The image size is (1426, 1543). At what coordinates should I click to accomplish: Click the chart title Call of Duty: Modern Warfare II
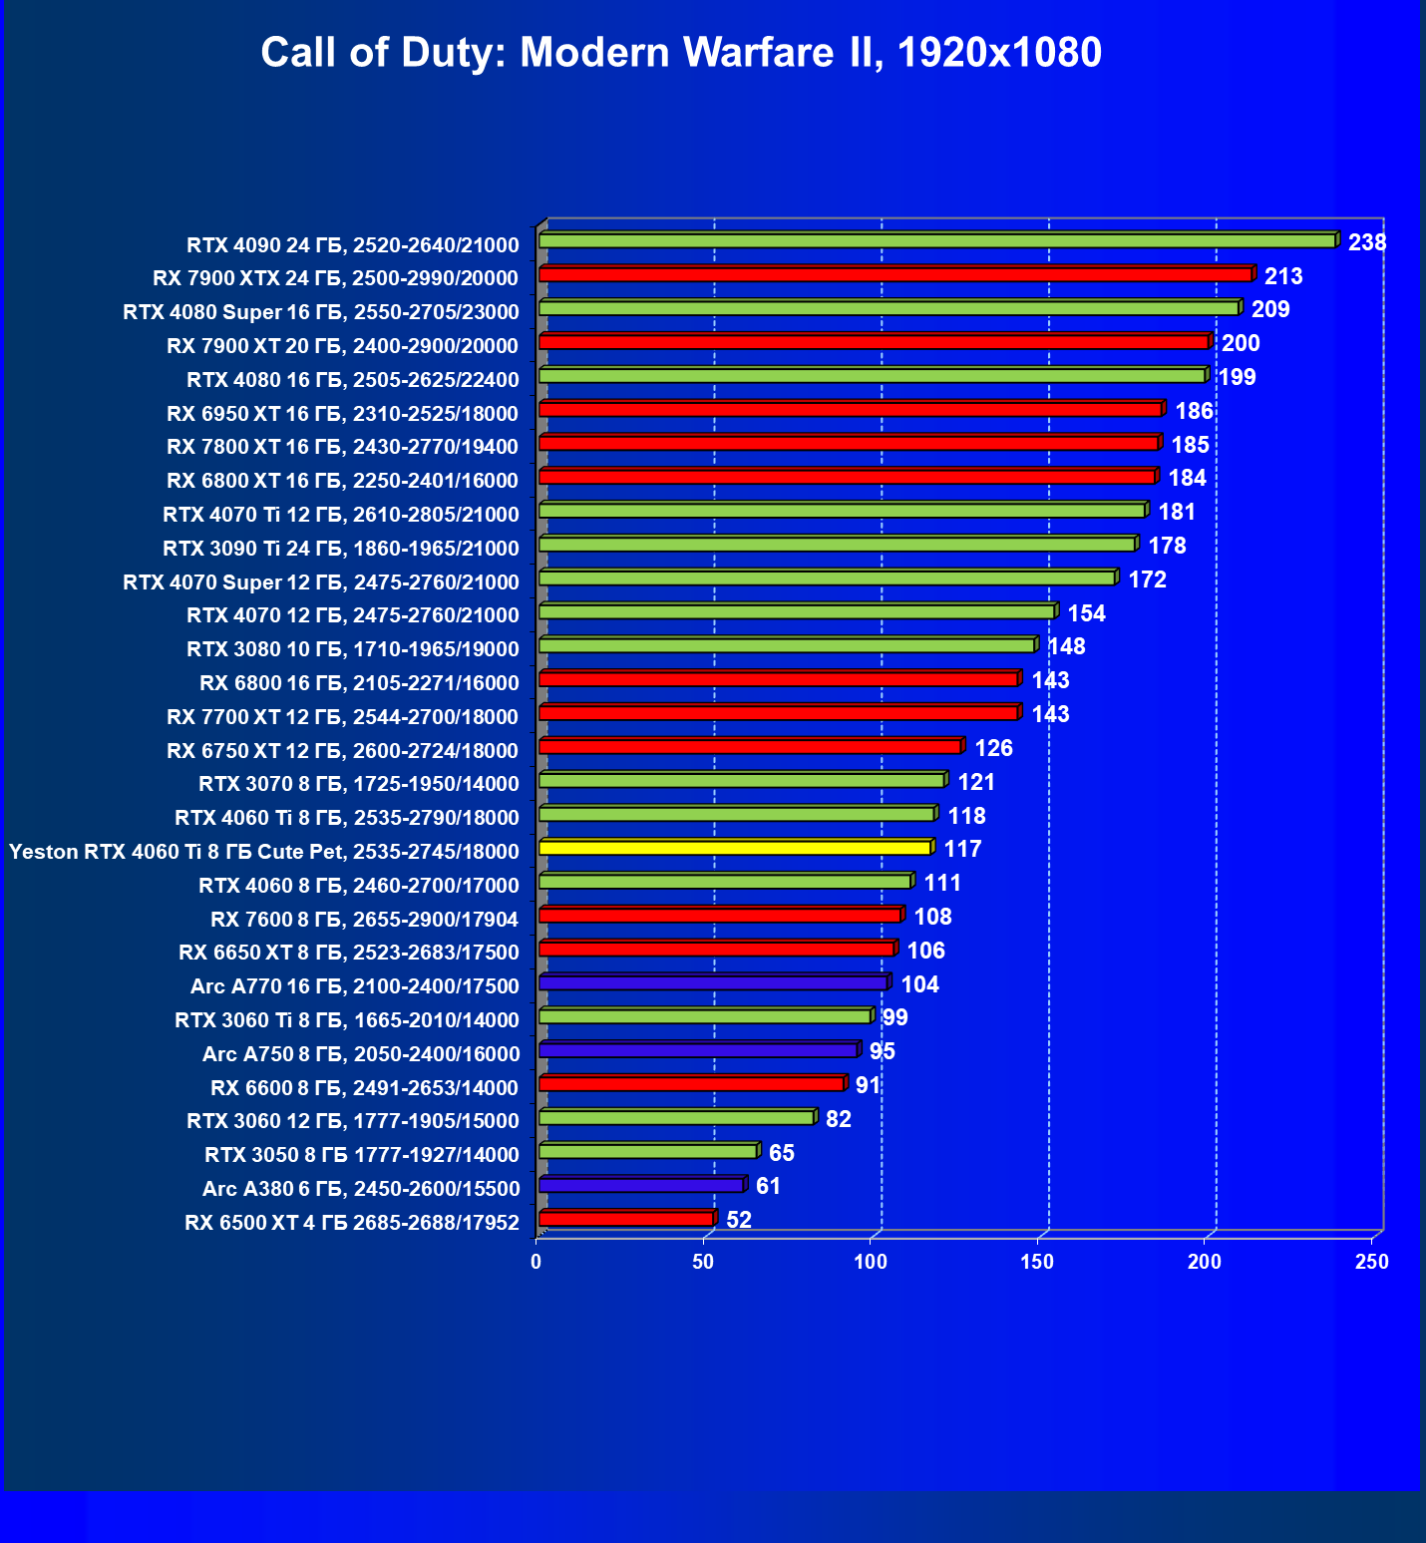[x=681, y=52]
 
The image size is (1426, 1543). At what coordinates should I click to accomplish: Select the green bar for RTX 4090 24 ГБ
[x=937, y=241]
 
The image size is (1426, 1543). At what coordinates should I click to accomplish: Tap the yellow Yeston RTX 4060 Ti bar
[x=735, y=848]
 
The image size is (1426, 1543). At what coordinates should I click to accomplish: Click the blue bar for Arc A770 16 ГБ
[x=713, y=983]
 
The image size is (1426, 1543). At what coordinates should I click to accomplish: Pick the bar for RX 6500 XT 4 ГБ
[x=626, y=1219]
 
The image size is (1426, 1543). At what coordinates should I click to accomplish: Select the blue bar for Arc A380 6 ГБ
[x=641, y=1185]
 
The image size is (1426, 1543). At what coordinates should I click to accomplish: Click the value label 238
[x=1366, y=242]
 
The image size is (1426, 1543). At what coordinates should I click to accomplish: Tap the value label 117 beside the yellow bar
[x=962, y=849]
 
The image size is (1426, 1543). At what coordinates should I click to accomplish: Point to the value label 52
[x=739, y=1220]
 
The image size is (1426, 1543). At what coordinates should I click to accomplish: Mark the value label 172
[x=1147, y=579]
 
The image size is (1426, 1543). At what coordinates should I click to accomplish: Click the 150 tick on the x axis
[x=1037, y=1262]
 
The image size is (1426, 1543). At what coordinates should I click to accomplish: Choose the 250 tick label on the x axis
[x=1371, y=1262]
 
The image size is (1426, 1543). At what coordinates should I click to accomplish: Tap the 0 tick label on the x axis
[x=536, y=1262]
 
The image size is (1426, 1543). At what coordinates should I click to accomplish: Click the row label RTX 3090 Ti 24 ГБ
[x=341, y=549]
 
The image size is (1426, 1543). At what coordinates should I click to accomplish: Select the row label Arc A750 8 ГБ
[x=360, y=1054]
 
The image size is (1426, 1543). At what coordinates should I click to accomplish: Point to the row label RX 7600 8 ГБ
[x=364, y=919]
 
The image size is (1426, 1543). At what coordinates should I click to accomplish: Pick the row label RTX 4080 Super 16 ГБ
[x=321, y=312]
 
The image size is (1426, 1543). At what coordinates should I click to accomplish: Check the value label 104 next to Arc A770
[x=919, y=984]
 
